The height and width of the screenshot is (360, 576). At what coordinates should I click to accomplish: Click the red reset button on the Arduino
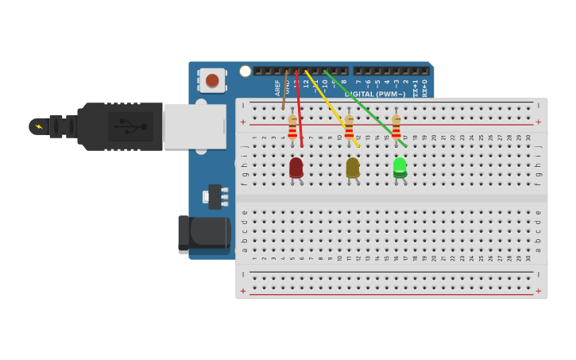(x=212, y=79)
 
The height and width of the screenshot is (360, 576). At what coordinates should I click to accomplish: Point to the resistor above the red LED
(x=292, y=128)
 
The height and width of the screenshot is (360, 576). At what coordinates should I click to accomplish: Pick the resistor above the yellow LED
(x=349, y=128)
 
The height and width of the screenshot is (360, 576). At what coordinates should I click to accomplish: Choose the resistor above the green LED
(x=396, y=128)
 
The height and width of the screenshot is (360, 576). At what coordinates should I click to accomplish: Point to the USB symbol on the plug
(x=130, y=126)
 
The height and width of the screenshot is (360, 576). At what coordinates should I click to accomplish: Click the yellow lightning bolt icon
(x=39, y=126)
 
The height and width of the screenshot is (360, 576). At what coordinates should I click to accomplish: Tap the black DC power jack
(x=204, y=234)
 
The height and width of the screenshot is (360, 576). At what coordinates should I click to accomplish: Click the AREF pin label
(x=277, y=87)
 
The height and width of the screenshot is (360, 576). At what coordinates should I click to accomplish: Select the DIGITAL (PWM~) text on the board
(x=375, y=94)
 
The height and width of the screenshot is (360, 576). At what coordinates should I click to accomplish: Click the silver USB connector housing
(x=194, y=126)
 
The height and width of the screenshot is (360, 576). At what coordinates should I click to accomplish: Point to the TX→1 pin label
(x=415, y=87)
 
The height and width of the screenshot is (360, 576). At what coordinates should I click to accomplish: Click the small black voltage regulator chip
(x=215, y=196)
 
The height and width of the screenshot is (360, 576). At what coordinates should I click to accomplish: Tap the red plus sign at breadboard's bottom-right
(x=538, y=291)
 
